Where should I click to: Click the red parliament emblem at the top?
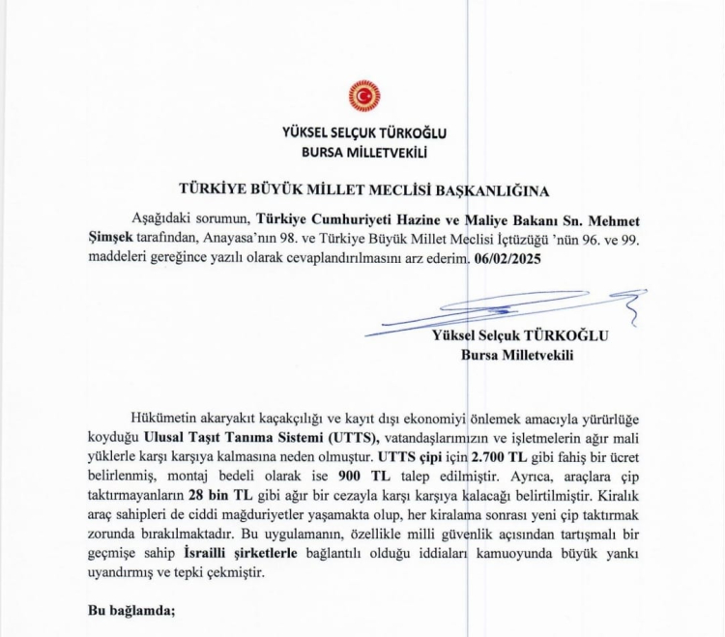[x=364, y=96]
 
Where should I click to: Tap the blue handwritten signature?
[x=503, y=309]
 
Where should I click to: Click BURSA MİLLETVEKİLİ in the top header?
[x=363, y=152]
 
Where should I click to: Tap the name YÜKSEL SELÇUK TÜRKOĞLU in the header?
[x=363, y=133]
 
